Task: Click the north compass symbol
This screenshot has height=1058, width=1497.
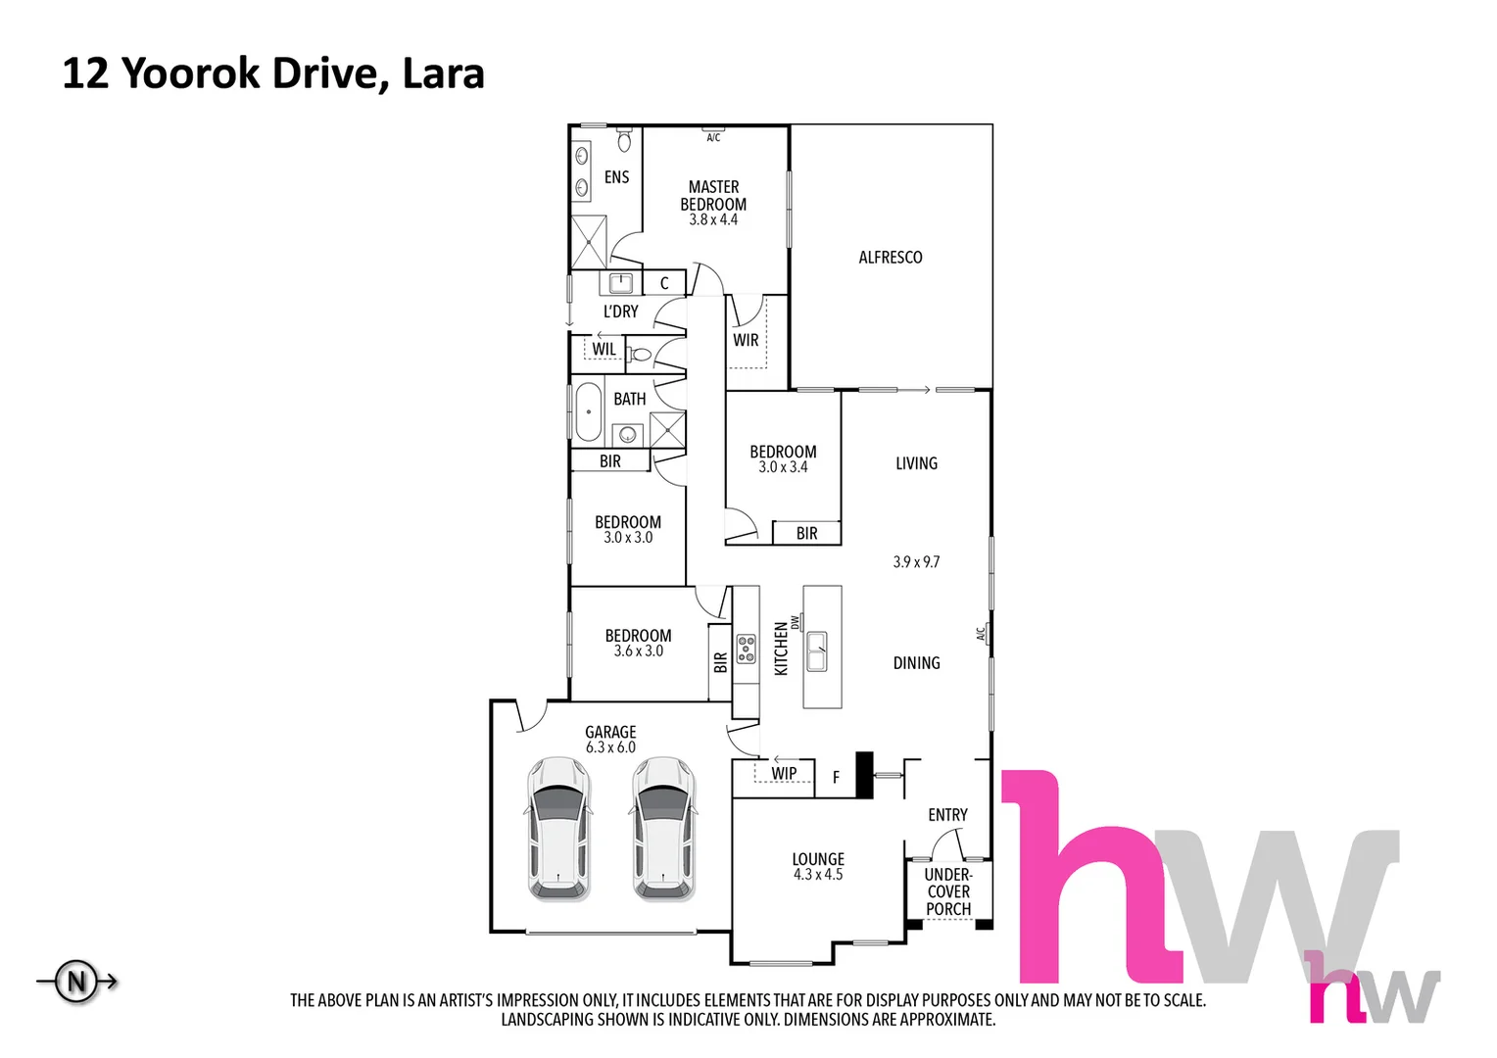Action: point(76,981)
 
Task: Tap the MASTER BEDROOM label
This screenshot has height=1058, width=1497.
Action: point(713,195)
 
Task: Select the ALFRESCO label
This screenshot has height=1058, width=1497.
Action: point(890,258)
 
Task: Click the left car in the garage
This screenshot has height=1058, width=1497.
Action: point(558,829)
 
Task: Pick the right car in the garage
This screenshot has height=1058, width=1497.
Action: point(664,829)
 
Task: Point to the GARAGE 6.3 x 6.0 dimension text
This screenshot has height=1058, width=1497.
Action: point(610,747)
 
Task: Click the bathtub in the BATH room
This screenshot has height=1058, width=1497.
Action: point(588,412)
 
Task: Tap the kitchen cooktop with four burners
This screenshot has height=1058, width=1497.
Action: point(746,649)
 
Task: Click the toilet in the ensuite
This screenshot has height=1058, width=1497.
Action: point(624,141)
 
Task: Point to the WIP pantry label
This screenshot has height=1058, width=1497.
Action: point(784,774)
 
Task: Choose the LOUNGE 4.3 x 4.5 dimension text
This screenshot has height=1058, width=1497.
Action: point(818,875)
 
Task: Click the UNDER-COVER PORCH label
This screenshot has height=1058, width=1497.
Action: point(948,891)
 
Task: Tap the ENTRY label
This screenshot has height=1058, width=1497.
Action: point(947,815)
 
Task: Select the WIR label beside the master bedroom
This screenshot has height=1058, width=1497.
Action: point(746,340)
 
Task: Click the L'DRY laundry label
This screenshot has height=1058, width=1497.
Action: point(620,312)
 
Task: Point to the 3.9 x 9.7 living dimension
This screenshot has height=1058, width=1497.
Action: point(916,562)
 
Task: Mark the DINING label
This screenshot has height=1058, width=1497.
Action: point(916,663)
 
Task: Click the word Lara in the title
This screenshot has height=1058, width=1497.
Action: point(444,74)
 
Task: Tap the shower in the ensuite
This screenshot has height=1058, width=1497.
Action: point(589,241)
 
